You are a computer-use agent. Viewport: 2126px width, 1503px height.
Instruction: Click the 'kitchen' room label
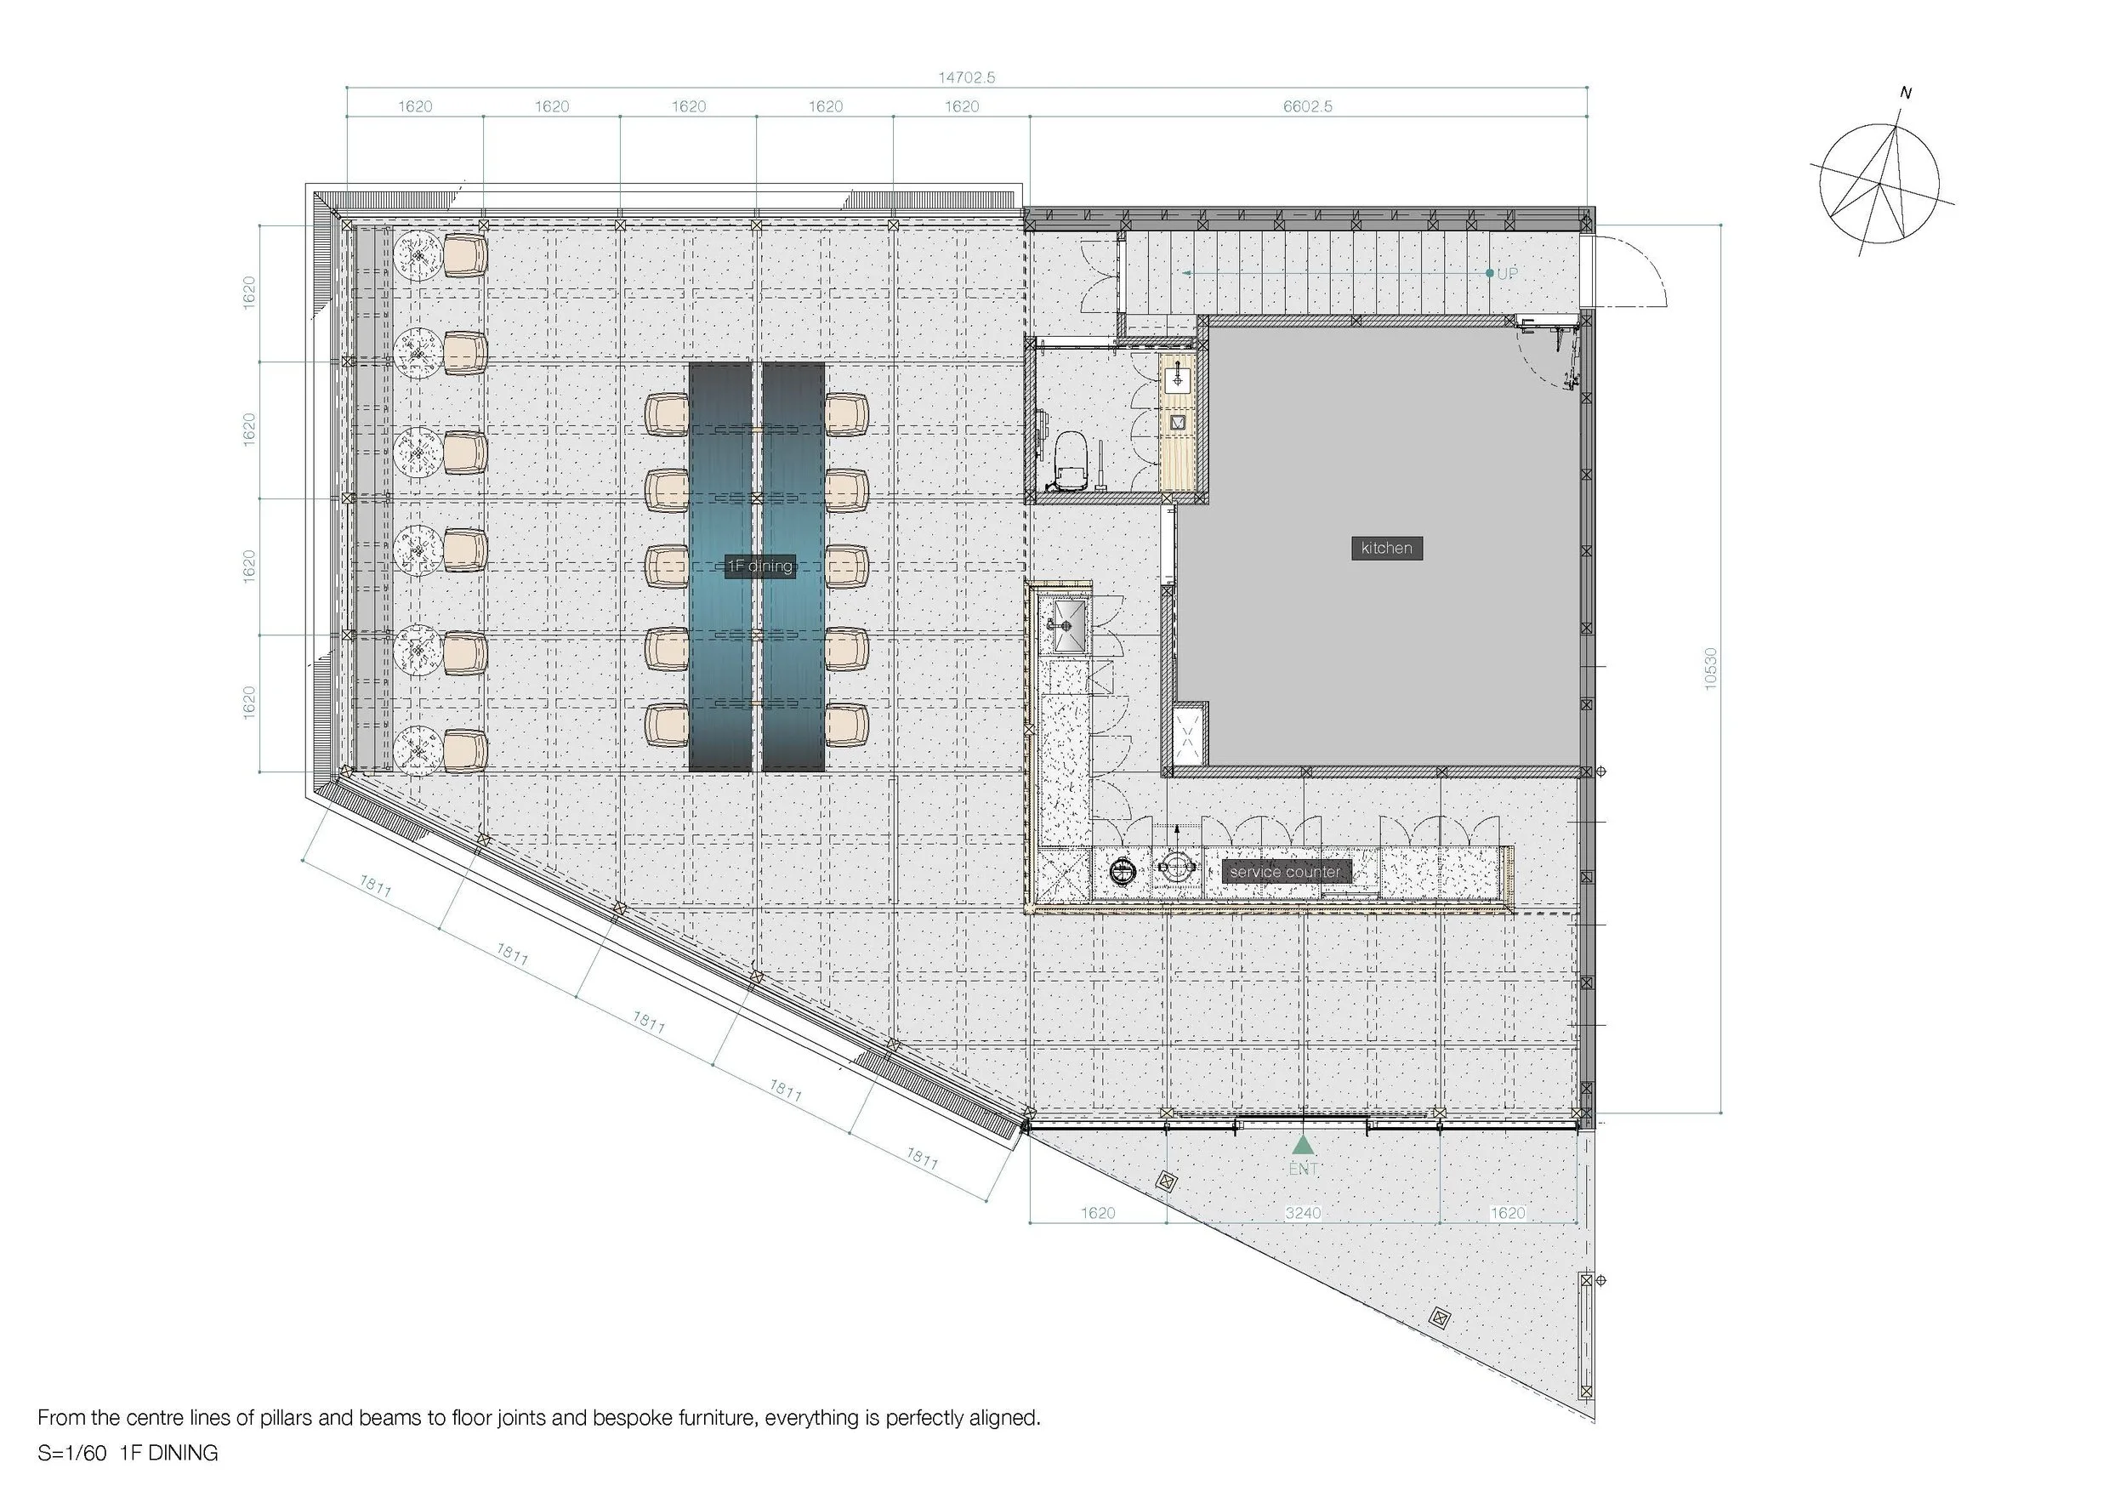(1386, 549)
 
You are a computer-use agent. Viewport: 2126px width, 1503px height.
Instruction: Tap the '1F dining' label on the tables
(760, 566)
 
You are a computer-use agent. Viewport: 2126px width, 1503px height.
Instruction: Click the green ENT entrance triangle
(1303, 1145)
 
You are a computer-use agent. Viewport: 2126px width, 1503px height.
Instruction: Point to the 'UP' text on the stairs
(1508, 274)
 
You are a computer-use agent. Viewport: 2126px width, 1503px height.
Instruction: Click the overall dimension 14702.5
(967, 77)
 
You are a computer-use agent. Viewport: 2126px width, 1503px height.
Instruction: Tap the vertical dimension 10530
(1710, 668)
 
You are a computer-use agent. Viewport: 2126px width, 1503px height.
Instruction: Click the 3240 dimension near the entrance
(1303, 1212)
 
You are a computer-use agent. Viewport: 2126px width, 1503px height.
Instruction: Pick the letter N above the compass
(1906, 93)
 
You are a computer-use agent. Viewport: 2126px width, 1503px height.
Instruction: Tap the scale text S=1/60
(72, 1453)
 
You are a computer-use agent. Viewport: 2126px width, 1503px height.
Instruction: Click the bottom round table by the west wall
(418, 750)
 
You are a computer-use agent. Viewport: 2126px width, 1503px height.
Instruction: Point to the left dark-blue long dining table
(719, 566)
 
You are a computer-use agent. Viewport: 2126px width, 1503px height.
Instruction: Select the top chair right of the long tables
(847, 414)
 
